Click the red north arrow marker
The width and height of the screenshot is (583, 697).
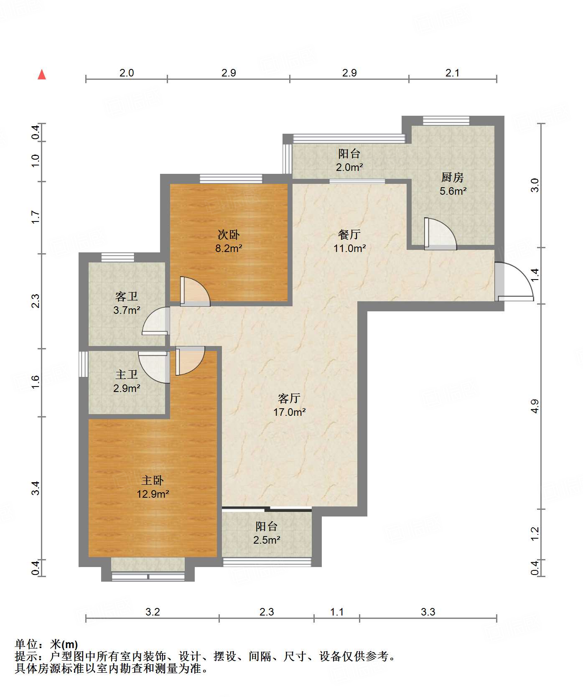click(x=42, y=74)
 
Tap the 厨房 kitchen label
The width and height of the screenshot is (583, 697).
click(x=453, y=178)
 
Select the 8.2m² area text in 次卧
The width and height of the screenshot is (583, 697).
click(x=229, y=248)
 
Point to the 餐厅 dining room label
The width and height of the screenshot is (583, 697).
click(x=349, y=234)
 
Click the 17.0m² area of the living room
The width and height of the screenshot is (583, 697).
click(x=290, y=412)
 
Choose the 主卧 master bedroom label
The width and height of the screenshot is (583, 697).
click(x=153, y=481)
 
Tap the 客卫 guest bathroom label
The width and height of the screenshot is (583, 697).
click(x=127, y=297)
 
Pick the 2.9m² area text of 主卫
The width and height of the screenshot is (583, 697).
click(x=127, y=388)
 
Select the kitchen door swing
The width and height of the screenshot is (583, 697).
click(x=440, y=234)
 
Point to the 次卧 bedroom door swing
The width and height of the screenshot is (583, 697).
click(x=195, y=291)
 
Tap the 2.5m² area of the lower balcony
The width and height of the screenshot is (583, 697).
click(x=267, y=540)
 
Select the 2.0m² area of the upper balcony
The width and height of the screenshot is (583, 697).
click(x=349, y=168)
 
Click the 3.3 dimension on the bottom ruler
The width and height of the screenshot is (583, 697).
click(x=428, y=612)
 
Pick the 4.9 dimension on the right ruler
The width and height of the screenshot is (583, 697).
click(x=535, y=406)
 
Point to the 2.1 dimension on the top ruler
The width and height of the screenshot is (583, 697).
click(x=452, y=73)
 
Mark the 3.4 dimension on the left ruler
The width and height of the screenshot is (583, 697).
click(x=36, y=488)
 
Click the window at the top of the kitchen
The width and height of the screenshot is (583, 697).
click(x=446, y=120)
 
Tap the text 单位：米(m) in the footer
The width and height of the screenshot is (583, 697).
click(x=46, y=644)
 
